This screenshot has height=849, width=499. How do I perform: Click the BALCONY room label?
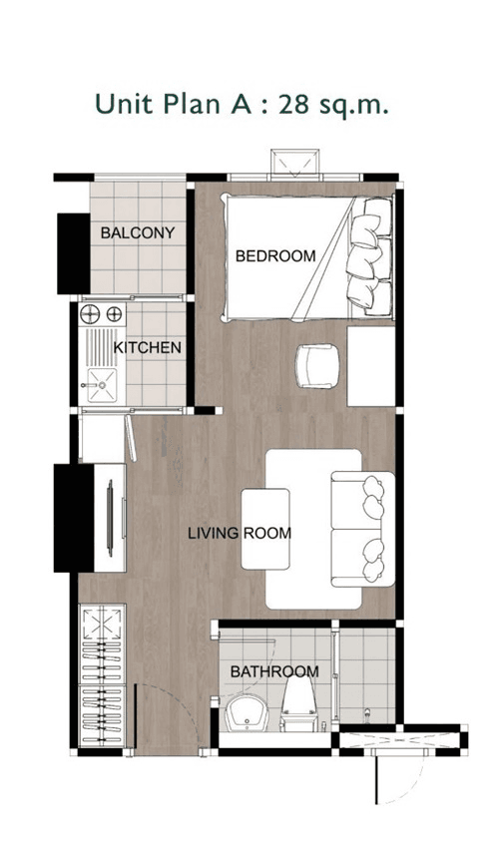(138, 232)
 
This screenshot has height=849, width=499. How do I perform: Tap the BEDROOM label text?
(275, 255)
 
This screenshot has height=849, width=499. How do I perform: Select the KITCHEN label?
(148, 347)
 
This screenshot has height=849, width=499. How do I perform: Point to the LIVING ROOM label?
(240, 533)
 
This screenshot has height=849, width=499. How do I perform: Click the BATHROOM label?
(274, 671)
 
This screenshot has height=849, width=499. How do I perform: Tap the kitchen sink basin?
(102, 384)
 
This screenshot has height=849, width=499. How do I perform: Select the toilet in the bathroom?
(299, 702)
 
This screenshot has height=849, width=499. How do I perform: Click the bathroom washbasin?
(247, 713)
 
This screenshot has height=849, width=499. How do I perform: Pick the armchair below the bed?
(317, 365)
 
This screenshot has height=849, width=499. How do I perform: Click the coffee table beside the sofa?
(265, 529)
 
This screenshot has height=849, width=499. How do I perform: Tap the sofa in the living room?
(363, 529)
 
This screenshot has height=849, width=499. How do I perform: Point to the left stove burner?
(90, 314)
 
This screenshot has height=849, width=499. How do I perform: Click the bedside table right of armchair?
(371, 366)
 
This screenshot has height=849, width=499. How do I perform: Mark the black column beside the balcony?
(74, 253)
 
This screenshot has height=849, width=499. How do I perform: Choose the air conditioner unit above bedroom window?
(294, 162)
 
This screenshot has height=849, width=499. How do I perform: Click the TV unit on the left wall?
(110, 517)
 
